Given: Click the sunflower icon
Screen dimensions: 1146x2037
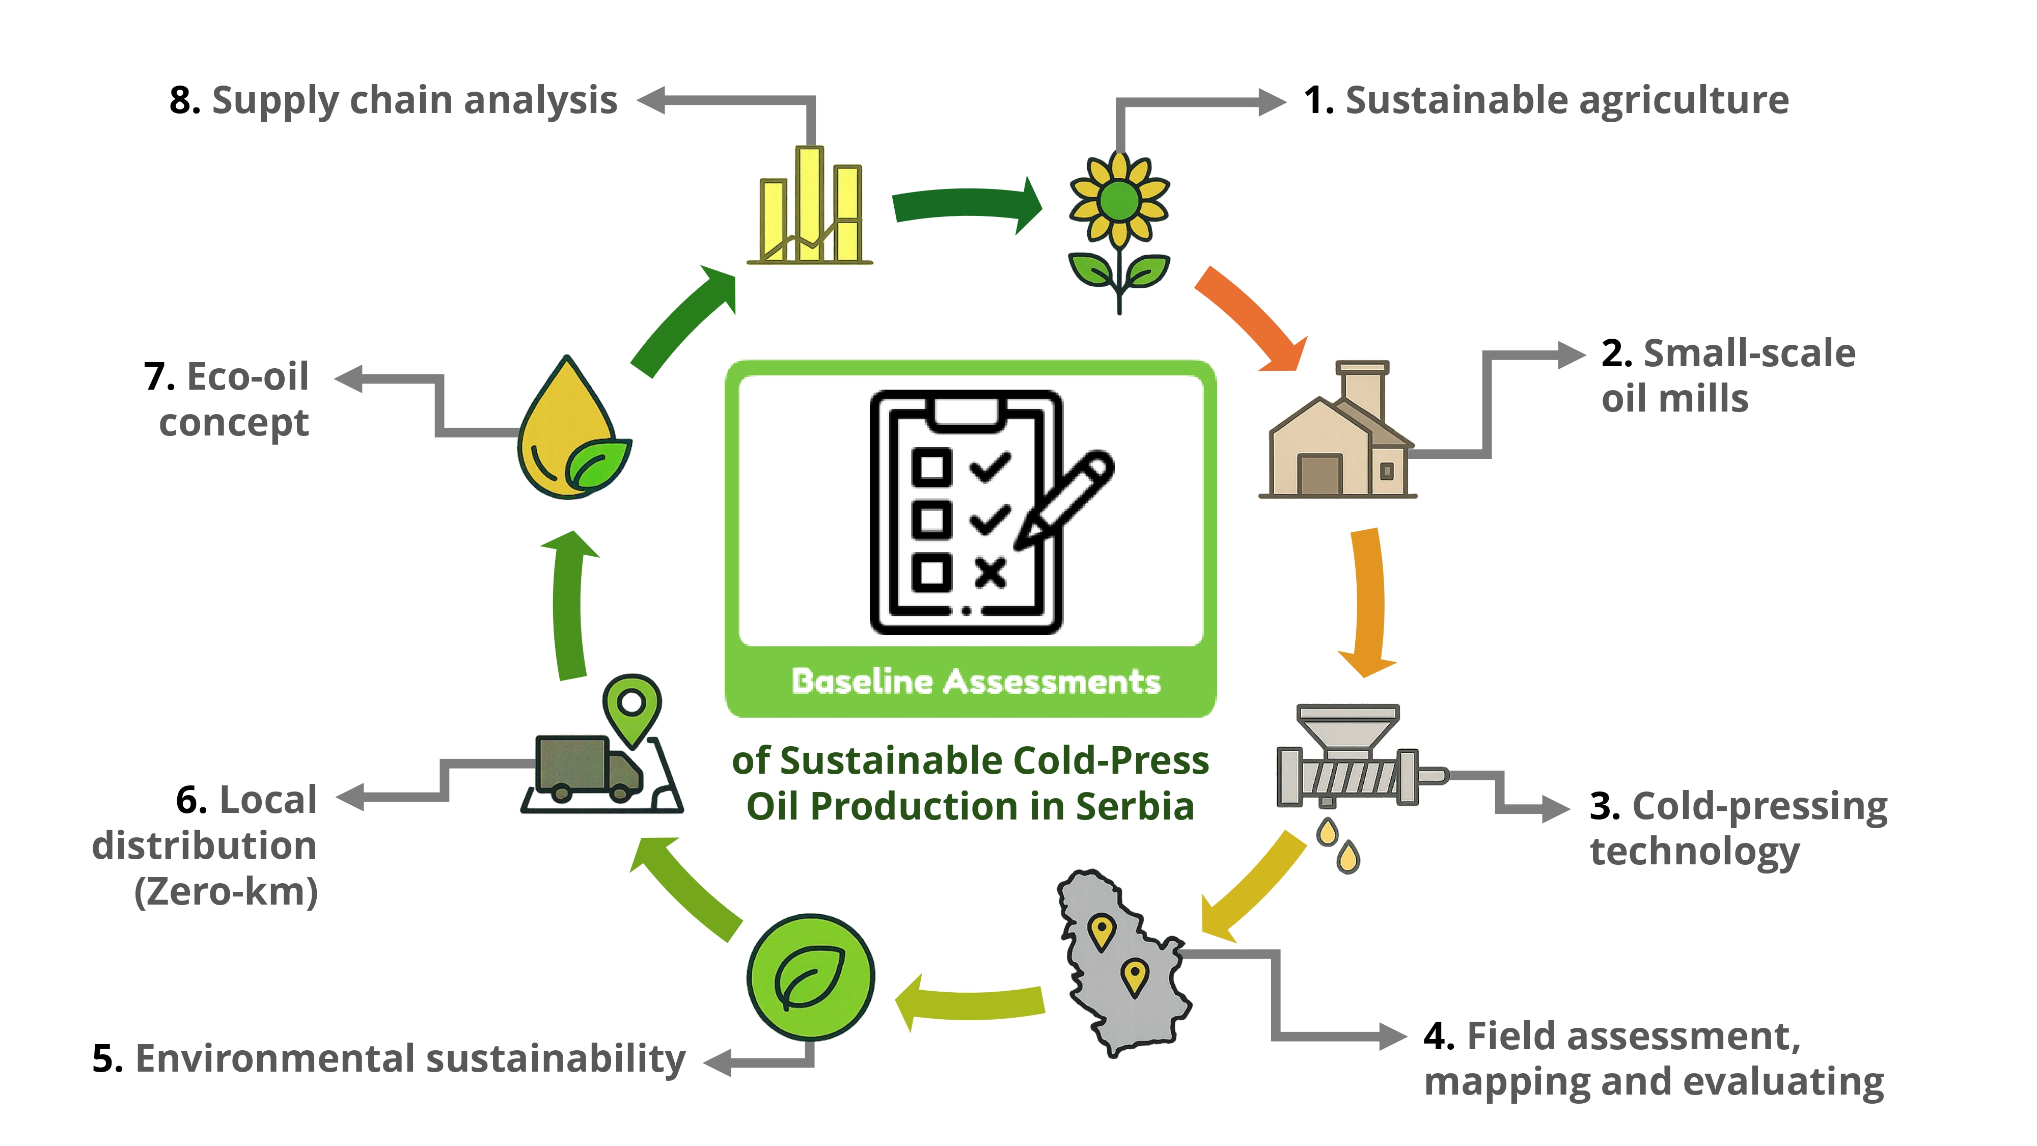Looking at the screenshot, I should pyautogui.click(x=1118, y=229).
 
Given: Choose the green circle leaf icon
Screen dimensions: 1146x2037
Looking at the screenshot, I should pyautogui.click(x=811, y=977).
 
